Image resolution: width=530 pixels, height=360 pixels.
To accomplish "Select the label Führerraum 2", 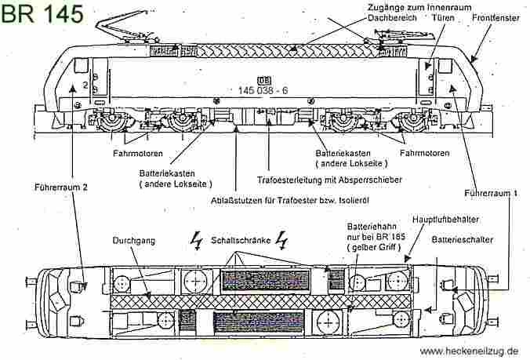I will (x=56, y=187).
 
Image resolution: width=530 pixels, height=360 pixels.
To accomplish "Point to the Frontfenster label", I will (x=496, y=16).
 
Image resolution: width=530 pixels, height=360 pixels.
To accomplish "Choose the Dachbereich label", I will (x=390, y=16).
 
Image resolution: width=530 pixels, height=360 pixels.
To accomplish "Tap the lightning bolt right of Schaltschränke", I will (x=276, y=242).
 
